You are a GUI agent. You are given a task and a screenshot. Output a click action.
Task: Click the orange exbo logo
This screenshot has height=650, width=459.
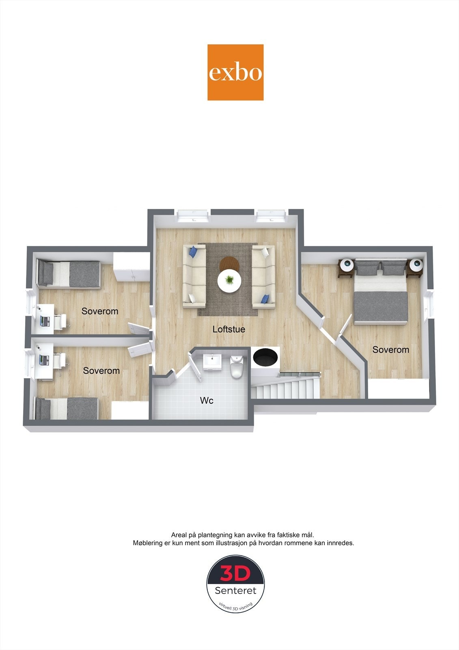235,72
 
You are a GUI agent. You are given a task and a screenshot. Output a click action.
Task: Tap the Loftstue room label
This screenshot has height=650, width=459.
229,329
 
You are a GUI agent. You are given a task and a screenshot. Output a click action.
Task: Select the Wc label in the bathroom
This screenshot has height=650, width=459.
207,401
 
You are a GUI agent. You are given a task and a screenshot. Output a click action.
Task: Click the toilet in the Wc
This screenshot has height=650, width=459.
237,367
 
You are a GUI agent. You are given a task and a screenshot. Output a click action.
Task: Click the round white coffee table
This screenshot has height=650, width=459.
229,280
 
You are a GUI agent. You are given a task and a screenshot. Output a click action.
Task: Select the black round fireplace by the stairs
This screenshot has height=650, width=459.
265,357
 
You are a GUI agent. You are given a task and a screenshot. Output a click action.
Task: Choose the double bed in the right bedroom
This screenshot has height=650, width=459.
381,292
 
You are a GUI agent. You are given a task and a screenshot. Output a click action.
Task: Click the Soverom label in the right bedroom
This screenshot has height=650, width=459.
390,350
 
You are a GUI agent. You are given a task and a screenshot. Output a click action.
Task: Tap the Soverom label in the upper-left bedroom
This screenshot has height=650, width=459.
100,311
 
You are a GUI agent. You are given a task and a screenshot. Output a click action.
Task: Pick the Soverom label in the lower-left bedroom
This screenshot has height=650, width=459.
101,370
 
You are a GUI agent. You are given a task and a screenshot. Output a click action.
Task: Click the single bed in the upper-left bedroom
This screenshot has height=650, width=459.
69,274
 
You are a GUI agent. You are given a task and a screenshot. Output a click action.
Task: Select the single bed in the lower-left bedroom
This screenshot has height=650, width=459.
67,408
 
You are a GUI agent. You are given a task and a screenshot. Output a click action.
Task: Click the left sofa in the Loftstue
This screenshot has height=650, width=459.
194,276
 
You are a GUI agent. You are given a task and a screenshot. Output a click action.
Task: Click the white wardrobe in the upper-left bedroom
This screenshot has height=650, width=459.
131,266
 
